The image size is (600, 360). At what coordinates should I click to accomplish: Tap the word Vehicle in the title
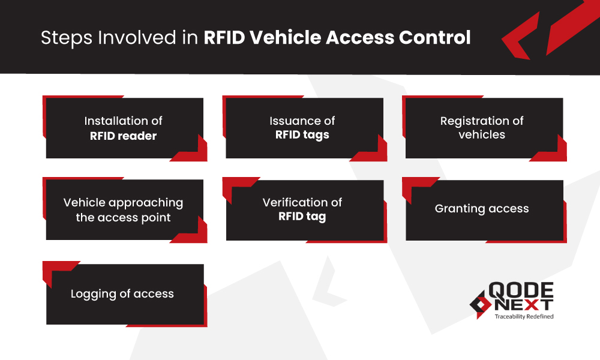point(284,38)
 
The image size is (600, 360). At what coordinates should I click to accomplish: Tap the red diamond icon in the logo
point(479,303)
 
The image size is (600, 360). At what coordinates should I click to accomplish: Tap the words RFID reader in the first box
point(123,136)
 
